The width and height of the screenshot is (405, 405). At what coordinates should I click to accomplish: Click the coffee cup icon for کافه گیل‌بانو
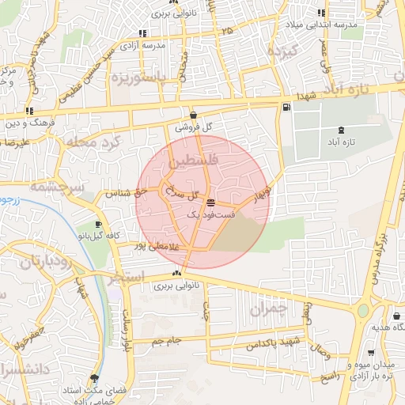pos(97,225)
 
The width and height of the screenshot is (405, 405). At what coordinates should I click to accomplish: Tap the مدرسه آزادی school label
pos(164,45)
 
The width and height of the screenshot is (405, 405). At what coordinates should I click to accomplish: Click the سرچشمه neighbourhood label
pos(55,187)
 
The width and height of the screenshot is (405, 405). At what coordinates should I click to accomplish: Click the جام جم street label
pos(167,340)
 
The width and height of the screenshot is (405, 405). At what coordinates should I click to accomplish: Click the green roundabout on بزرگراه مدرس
pos(363,310)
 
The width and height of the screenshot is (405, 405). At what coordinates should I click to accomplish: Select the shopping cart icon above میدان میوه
pos(372,353)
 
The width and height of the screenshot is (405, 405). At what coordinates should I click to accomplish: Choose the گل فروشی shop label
pos(195,127)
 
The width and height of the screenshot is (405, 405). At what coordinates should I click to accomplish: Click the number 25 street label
pos(229,30)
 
